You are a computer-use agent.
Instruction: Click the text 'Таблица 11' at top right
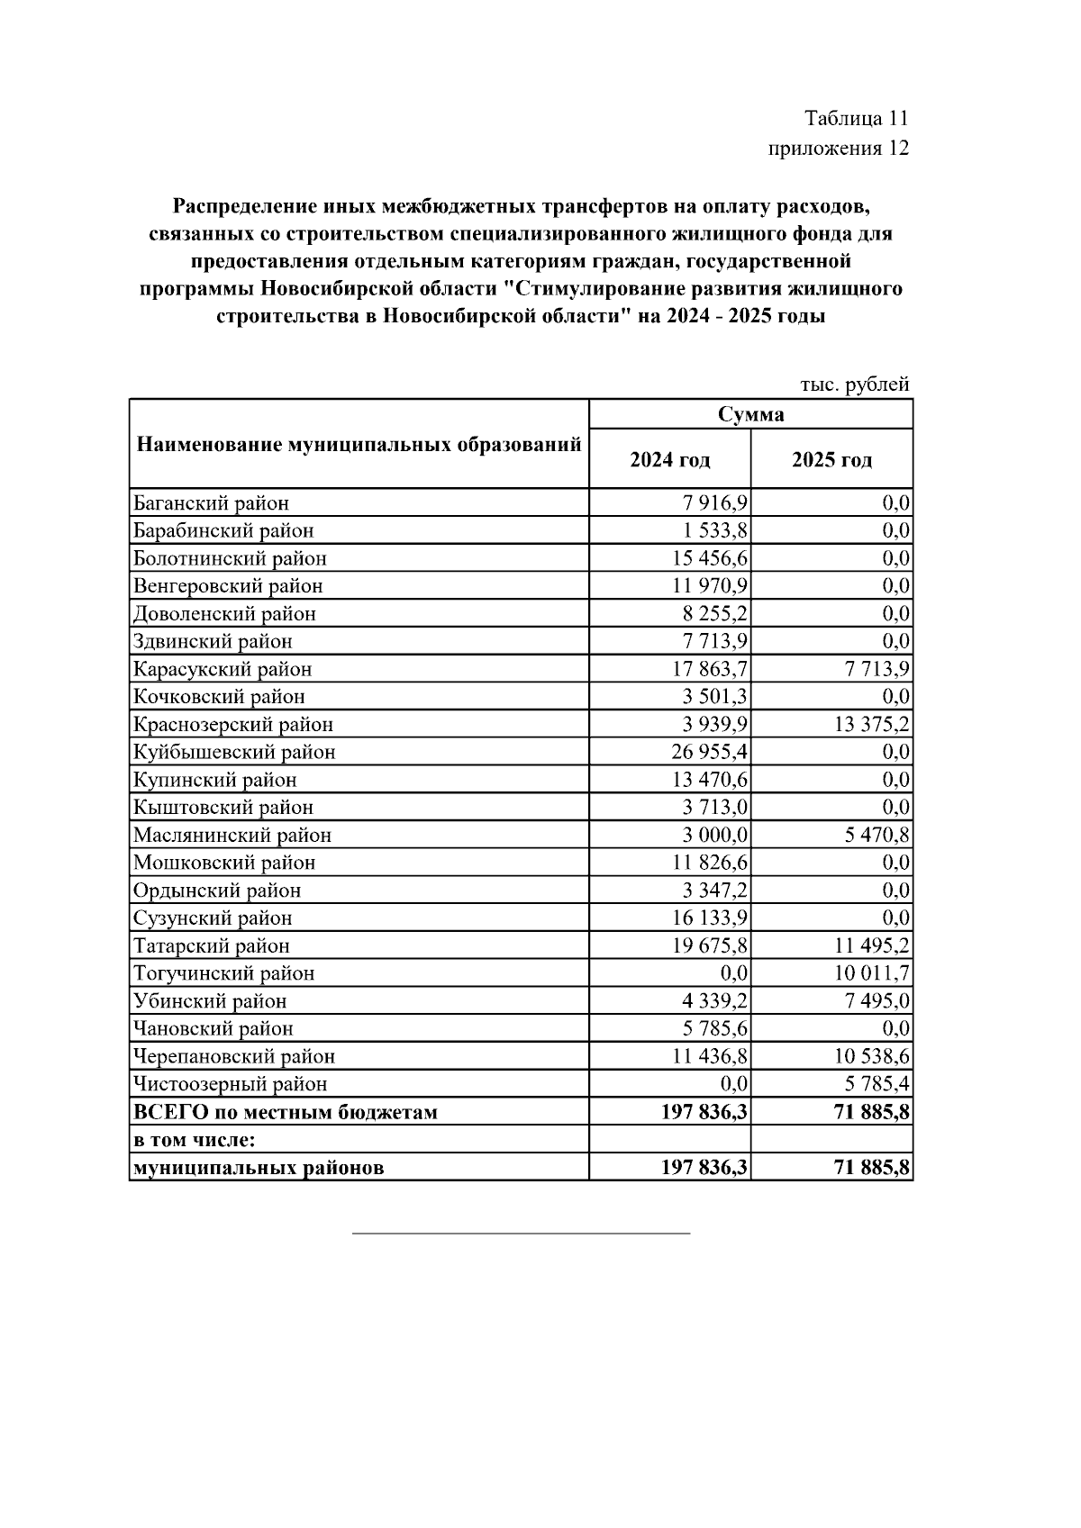(856, 119)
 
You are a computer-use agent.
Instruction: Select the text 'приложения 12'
(838, 148)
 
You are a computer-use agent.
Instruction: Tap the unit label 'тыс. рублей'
(854, 384)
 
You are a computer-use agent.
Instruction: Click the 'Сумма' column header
(750, 414)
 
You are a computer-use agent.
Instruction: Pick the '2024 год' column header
(669, 460)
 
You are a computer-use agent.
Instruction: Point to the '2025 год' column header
(831, 460)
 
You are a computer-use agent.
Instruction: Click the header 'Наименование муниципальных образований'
(359, 445)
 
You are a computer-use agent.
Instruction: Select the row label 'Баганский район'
(211, 503)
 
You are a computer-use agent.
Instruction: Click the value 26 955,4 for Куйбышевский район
(704, 752)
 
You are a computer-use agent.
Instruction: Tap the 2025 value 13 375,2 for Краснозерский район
(871, 725)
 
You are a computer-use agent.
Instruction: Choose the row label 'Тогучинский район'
(223, 973)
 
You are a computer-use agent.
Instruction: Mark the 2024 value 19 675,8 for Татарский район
(704, 946)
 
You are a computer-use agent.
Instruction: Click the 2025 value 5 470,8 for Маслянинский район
(877, 836)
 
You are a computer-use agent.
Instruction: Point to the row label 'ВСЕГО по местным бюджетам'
(285, 1112)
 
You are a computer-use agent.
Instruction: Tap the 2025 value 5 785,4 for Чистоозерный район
(877, 1084)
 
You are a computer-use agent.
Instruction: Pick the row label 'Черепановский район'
(233, 1056)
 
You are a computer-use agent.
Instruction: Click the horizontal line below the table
(521, 1232)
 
